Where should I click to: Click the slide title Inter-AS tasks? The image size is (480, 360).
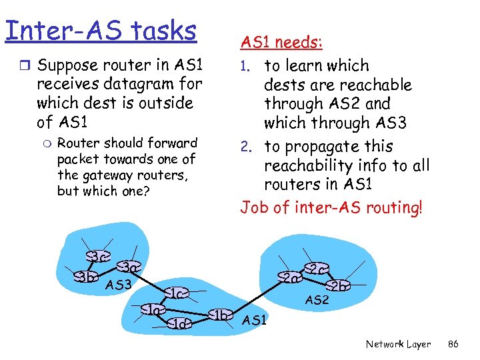[101, 31]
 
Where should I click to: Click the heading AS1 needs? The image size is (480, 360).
[281, 43]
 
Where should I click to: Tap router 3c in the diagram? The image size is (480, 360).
[98, 256]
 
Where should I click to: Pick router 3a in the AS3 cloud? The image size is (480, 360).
[127, 268]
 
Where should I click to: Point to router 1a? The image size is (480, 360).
[154, 309]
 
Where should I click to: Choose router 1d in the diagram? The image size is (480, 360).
[179, 324]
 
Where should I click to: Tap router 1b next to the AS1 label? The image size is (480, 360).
[221, 315]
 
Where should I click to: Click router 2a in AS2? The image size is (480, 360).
[289, 277]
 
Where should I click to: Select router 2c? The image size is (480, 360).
[316, 269]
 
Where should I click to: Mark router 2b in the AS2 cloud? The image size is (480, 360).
[339, 286]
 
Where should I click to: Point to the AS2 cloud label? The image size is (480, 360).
[317, 301]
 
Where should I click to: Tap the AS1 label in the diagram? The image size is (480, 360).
[255, 321]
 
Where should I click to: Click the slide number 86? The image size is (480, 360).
[453, 345]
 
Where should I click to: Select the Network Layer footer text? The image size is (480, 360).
[398, 345]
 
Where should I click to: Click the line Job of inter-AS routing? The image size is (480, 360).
[331, 207]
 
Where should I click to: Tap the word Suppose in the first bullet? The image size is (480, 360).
[65, 65]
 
